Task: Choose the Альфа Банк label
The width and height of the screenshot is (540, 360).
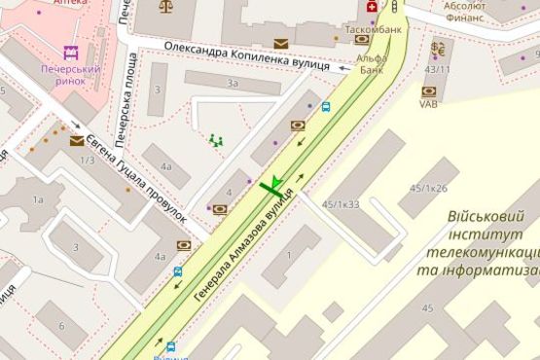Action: (371, 63)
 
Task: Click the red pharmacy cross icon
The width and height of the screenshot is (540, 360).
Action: (371, 8)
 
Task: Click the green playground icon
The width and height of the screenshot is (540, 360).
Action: (215, 141)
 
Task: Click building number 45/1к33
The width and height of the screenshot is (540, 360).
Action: (341, 204)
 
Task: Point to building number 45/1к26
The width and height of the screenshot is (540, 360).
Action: (428, 188)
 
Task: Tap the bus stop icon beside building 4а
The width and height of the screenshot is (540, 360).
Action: (178, 273)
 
